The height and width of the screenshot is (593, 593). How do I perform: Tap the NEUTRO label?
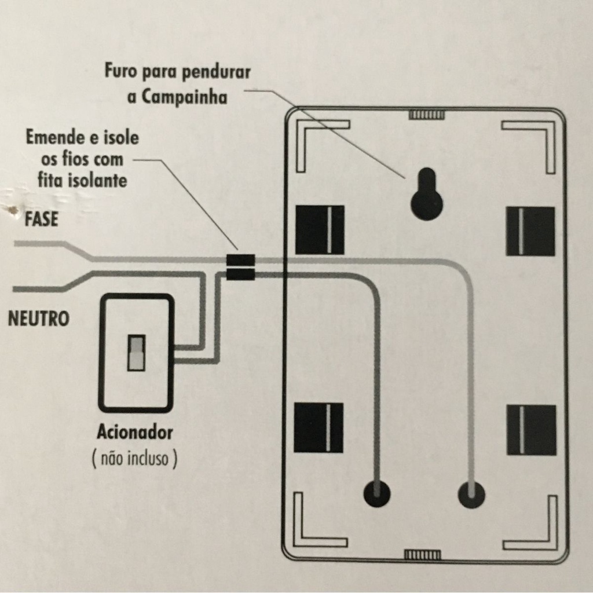[38, 319]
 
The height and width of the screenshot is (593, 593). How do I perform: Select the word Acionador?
[135, 431]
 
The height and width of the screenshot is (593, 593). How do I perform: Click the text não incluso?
[134, 459]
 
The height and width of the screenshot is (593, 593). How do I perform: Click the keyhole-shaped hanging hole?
[427, 195]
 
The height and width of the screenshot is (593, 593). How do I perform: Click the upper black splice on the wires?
[240, 259]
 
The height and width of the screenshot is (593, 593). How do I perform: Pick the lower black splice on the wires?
[240, 274]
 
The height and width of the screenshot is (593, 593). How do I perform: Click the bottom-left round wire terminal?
[376, 494]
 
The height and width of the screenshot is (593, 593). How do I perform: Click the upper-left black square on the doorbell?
[320, 230]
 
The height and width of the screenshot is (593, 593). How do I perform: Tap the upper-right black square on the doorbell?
[530, 231]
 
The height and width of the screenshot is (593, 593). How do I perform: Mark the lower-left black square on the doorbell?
[319, 427]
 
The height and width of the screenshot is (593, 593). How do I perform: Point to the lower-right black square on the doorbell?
[531, 430]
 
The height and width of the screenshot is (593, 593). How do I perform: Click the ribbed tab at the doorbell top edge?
[426, 115]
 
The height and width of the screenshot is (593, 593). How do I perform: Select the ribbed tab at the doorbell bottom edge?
[422, 555]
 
